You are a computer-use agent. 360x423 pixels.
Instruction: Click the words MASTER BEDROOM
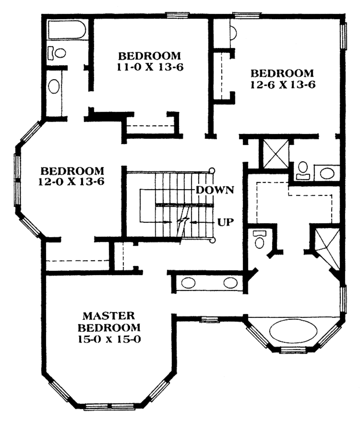tap(109, 321)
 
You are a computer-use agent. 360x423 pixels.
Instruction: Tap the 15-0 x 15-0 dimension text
tap(109, 339)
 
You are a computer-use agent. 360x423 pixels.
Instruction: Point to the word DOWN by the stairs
tap(215, 190)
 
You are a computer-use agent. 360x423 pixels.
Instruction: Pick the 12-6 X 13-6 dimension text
tap(282, 85)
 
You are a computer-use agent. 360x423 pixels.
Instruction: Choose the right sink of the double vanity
tap(231, 283)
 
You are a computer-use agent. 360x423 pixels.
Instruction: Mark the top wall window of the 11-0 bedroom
tap(178, 15)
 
